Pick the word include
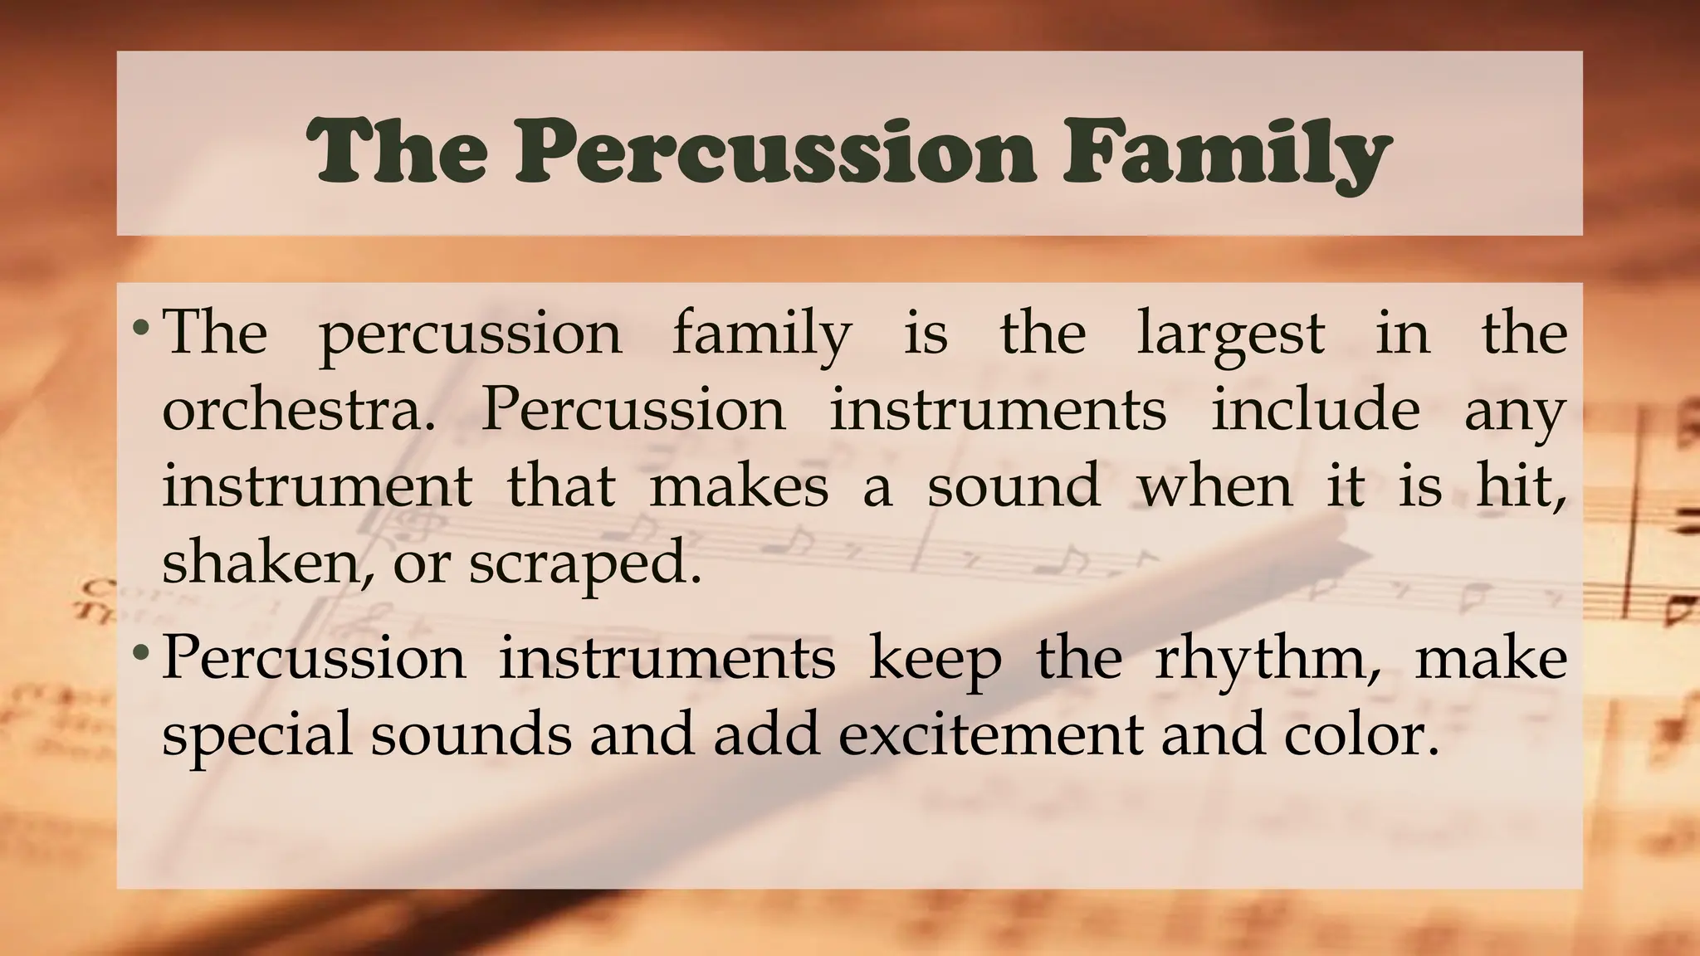coord(1315,410)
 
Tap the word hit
coord(1521,486)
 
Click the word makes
coord(739,486)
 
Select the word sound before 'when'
coord(1013,486)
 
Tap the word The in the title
coord(398,151)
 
